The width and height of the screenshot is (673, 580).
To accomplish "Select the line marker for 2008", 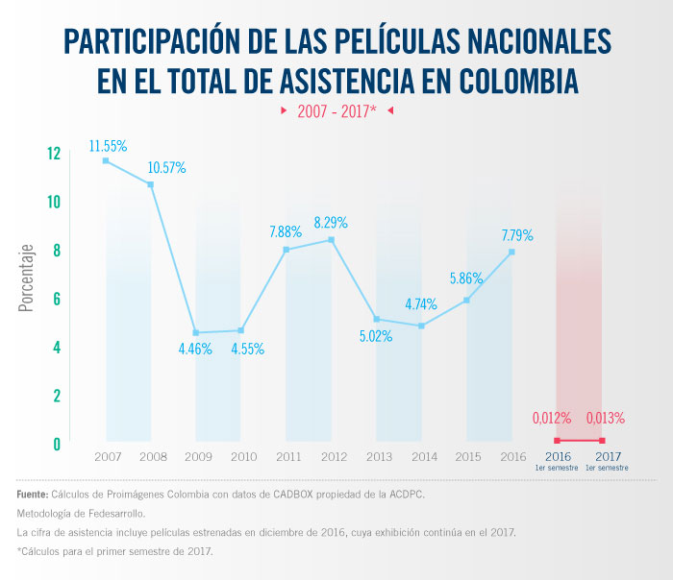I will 150,184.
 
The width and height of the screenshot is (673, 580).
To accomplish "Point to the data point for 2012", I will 331,239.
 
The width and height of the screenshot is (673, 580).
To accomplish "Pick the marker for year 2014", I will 421,326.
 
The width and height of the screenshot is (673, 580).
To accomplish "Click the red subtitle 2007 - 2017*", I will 336,110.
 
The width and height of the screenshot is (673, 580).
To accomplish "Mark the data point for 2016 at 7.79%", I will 511,252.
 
